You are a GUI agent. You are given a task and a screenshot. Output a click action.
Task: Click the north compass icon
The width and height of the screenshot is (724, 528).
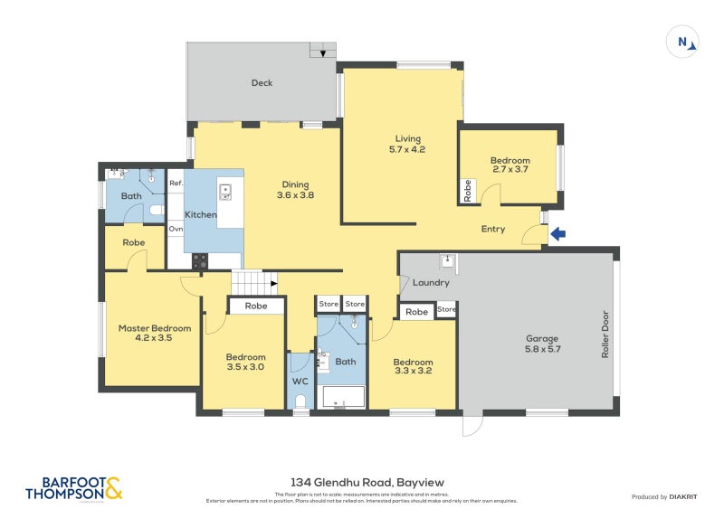click(x=682, y=42)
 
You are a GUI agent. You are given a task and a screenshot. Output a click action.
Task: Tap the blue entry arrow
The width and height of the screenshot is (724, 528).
click(x=558, y=234)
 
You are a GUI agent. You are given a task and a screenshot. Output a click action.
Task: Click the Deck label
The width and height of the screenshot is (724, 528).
click(x=262, y=83)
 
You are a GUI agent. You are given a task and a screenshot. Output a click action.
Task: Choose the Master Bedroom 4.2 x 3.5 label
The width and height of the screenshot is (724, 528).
click(x=155, y=334)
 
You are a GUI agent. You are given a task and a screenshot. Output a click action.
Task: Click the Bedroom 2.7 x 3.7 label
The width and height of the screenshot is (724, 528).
click(x=510, y=165)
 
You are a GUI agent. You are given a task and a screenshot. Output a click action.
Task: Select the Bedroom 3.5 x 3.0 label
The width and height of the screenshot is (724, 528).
click(x=245, y=362)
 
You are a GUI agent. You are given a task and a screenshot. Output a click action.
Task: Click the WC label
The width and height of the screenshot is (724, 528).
click(x=300, y=381)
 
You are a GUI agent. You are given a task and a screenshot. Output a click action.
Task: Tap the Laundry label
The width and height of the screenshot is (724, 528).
click(x=431, y=283)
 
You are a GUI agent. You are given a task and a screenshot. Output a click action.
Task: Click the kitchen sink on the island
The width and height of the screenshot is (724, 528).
click(x=225, y=191)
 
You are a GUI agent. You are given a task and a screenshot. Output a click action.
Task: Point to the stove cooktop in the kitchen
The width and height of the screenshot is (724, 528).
click(x=199, y=260)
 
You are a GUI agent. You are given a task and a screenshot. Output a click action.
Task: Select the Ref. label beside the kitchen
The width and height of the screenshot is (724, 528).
click(x=176, y=184)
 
